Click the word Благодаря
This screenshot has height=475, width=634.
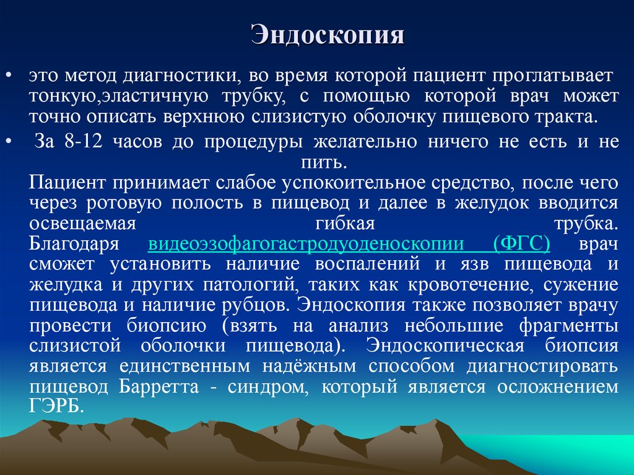coord(73,243)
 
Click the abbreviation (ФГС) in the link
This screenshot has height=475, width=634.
coord(522,243)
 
